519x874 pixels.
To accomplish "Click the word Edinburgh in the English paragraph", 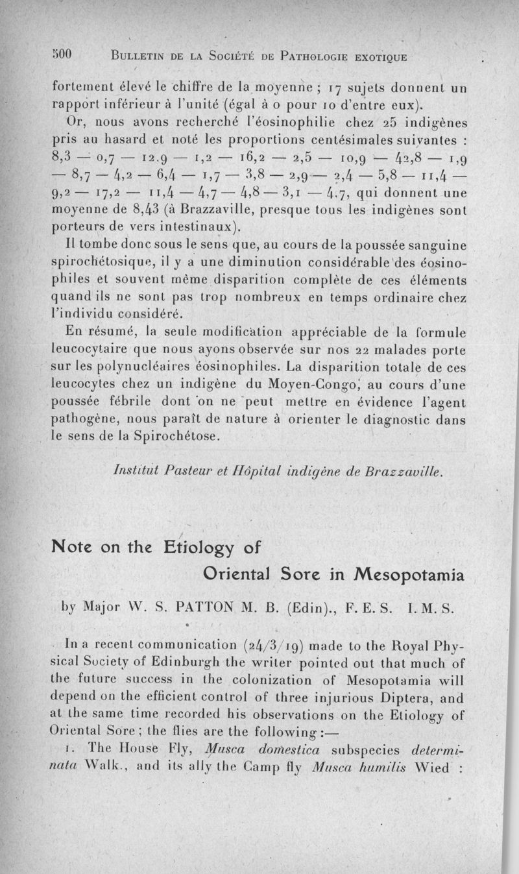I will (195, 662).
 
